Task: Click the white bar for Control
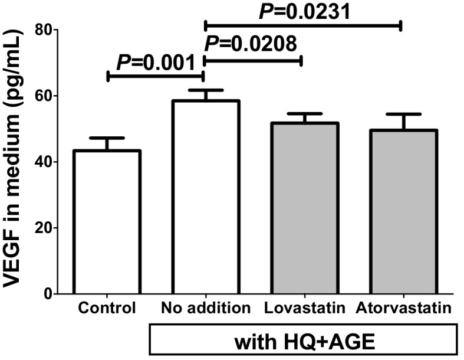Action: click(107, 222)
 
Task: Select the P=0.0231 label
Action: click(303, 11)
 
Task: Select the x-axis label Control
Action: click(107, 308)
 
